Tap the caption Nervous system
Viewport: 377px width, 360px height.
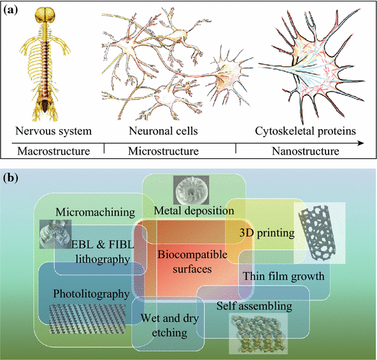click(x=50, y=132)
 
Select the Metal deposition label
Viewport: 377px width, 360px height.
click(x=187, y=210)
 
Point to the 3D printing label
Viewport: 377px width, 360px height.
click(x=266, y=233)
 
